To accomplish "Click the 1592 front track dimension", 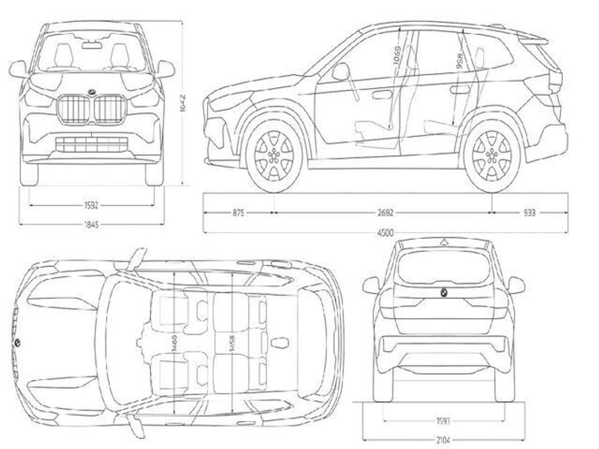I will [92, 205].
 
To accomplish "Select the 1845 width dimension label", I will [92, 225].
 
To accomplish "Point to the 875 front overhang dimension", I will [238, 213].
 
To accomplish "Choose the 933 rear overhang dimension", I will [529, 213].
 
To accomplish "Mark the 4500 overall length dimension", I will [387, 232].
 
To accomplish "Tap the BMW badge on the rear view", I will [442, 292].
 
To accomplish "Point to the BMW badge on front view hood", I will [92, 91].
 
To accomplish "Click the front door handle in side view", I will [383, 94].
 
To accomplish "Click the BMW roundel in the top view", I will [17, 343].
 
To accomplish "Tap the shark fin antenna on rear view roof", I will [442, 242].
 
